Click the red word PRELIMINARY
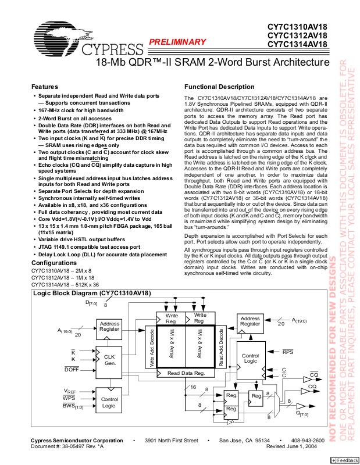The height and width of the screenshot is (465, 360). [x=177, y=42]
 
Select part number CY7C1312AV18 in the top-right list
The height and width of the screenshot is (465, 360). [x=297, y=35]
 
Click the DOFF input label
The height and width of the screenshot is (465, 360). [x=72, y=370]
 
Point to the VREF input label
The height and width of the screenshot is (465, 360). [x=70, y=391]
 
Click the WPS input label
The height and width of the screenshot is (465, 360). [x=70, y=398]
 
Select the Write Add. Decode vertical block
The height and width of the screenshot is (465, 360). [x=152, y=346]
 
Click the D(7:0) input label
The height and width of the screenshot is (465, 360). [x=92, y=303]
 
